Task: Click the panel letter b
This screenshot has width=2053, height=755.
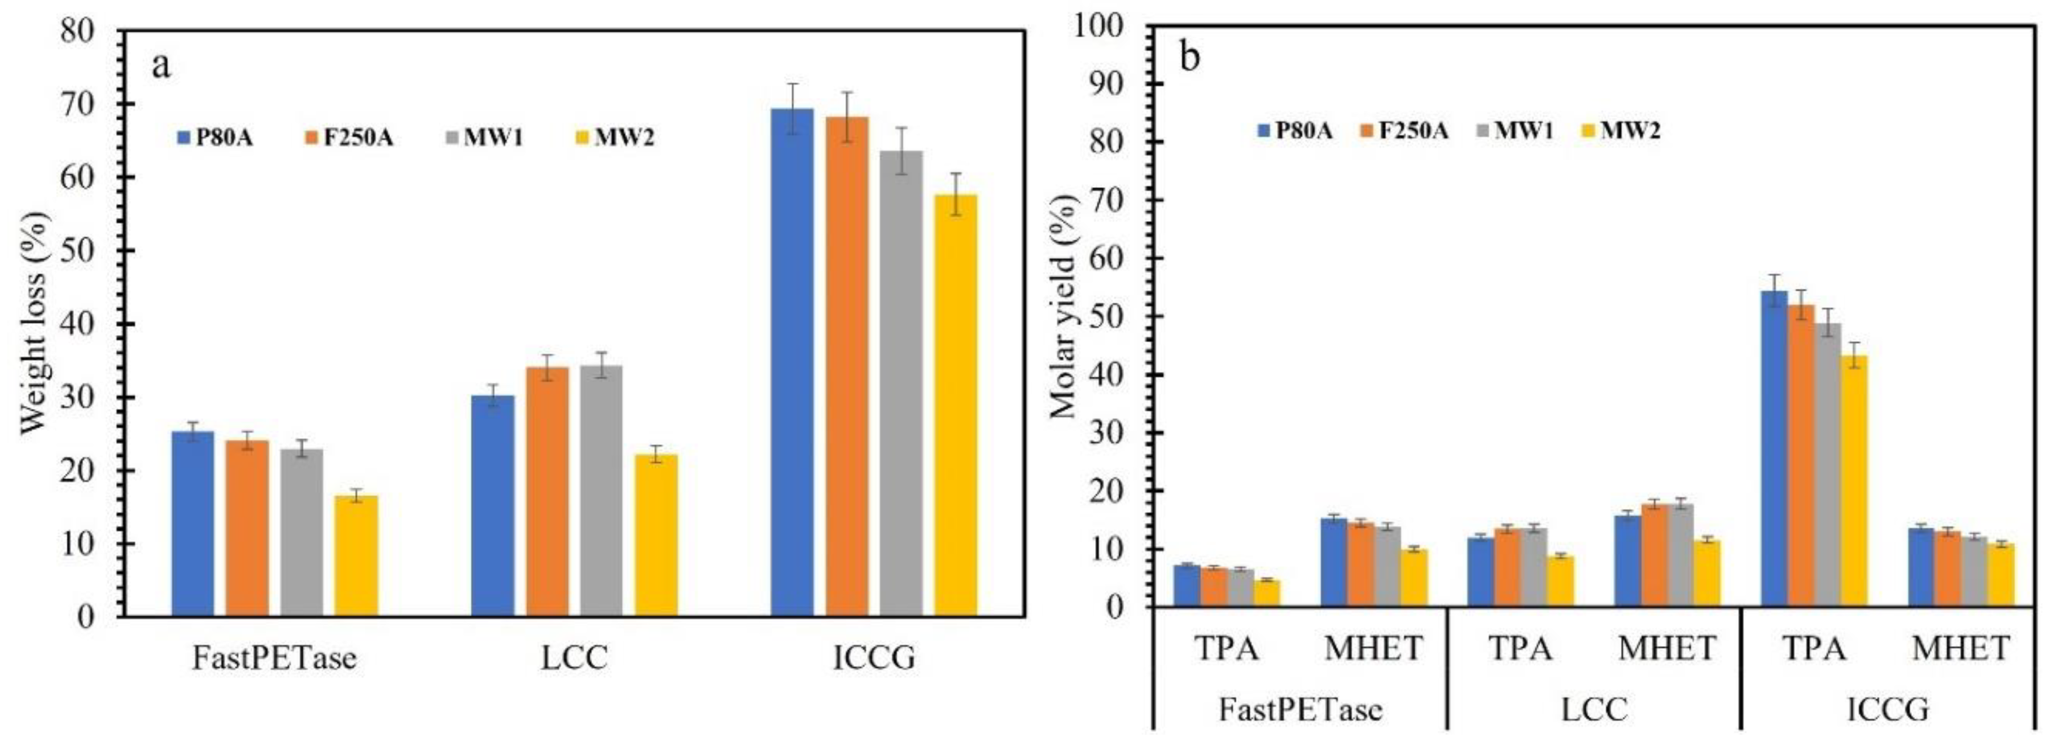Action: [1189, 58]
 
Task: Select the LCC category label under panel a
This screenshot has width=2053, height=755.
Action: [574, 658]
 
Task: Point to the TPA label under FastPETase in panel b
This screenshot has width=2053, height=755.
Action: [1227, 649]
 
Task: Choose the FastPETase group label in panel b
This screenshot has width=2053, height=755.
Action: [1300, 708]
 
